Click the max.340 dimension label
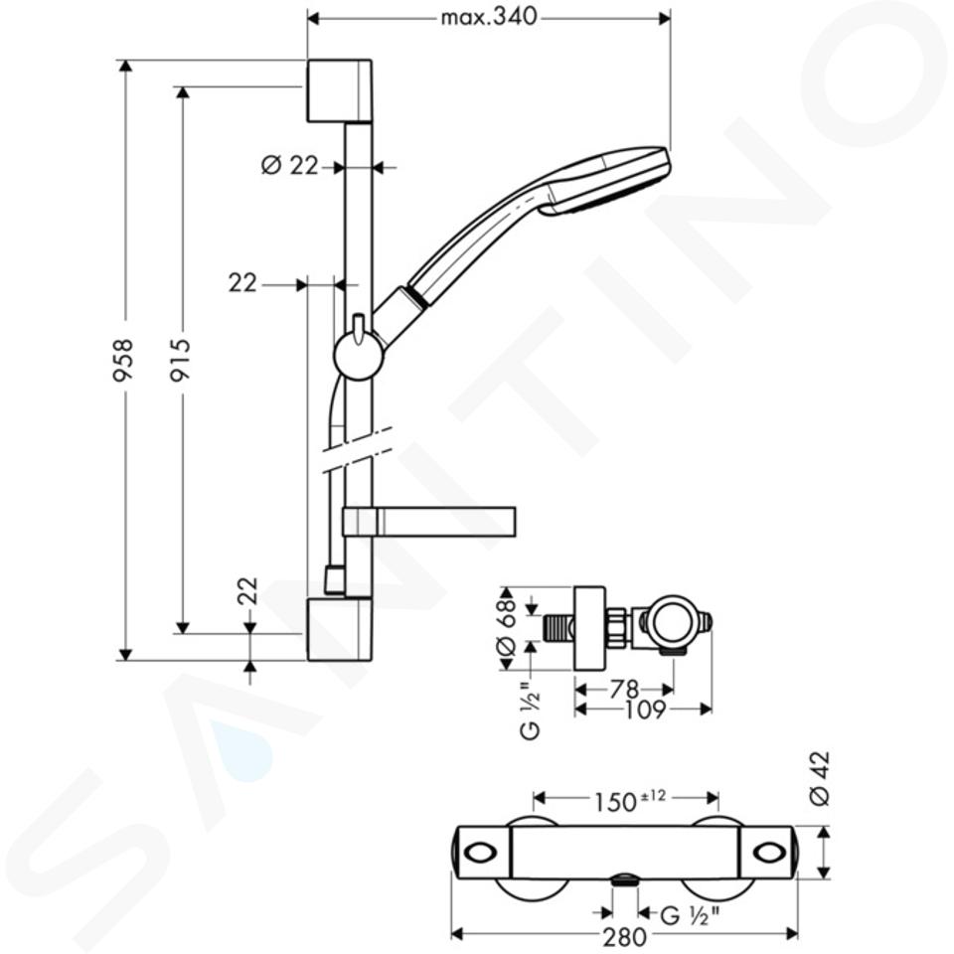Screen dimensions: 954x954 click(489, 17)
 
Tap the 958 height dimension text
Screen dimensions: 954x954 click(123, 360)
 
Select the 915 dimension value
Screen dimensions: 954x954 click(180, 360)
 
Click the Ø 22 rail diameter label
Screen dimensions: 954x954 click(289, 165)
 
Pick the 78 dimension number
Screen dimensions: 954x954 click(624, 690)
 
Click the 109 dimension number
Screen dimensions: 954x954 click(646, 710)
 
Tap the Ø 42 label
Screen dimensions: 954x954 click(820, 779)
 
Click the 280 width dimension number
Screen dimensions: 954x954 click(625, 937)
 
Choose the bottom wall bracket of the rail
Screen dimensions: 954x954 click(340, 629)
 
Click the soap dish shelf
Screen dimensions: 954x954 click(429, 522)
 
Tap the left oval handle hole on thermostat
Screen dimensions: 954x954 click(481, 852)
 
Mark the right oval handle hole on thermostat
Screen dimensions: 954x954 click(769, 852)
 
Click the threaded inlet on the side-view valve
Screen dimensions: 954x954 click(557, 628)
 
